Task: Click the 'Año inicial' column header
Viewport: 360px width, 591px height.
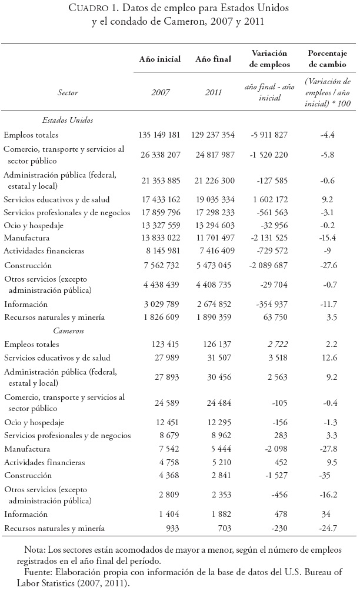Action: (159, 59)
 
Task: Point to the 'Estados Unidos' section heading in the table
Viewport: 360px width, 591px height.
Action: (68, 120)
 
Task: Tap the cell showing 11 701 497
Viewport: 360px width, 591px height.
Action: (212, 238)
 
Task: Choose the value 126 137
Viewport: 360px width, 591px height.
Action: (212, 345)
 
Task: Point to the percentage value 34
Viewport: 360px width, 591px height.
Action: (327, 513)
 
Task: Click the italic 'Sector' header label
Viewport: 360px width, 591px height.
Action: (68, 92)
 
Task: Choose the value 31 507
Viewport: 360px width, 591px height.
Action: (212, 358)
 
